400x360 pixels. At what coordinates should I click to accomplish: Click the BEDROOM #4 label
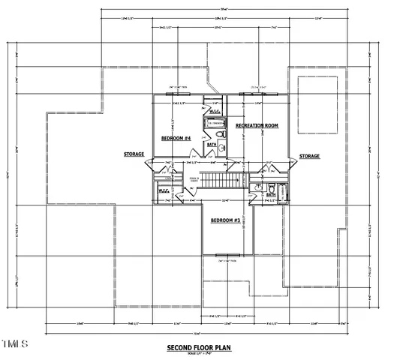(176, 138)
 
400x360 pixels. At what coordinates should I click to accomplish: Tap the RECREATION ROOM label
(257, 125)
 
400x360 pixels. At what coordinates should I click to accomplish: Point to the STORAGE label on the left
(134, 154)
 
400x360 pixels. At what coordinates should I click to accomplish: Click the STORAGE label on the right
(309, 157)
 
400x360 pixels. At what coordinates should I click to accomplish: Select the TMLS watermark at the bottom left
(14, 343)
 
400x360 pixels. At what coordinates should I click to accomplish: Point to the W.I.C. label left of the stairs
(164, 191)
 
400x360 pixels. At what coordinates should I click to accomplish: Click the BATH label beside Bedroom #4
(212, 144)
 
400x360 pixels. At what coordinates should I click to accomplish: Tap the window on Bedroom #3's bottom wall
(227, 262)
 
